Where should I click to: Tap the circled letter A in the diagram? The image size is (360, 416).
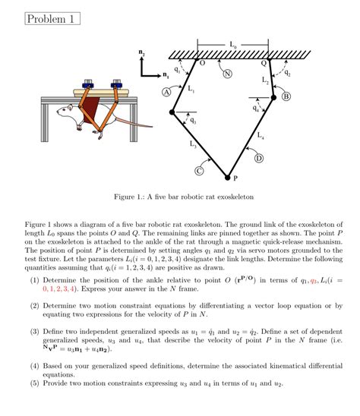click(x=166, y=92)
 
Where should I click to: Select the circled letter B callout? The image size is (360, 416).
click(x=286, y=96)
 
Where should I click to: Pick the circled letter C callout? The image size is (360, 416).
click(x=201, y=171)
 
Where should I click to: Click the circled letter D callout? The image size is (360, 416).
click(x=258, y=158)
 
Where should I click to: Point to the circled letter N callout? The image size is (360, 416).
click(x=227, y=74)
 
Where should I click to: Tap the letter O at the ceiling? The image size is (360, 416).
click(x=201, y=64)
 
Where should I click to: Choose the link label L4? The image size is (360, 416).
click(x=261, y=137)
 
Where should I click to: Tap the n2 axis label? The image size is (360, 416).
click(x=141, y=52)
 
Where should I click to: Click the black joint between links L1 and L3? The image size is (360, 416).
click(x=172, y=112)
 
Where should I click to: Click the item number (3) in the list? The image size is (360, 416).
click(x=35, y=332)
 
